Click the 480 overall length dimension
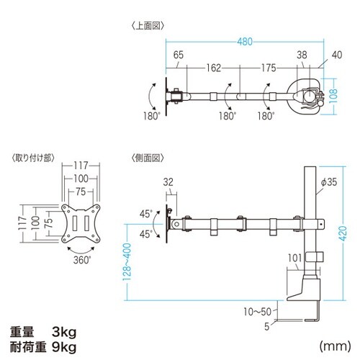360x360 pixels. [245, 42]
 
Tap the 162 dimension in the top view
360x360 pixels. [214, 68]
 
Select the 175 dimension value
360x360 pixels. [269, 68]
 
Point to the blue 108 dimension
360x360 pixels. [333, 96]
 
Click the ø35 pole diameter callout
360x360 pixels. [329, 182]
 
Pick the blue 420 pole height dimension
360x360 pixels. [343, 233]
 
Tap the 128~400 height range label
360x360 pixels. [127, 262]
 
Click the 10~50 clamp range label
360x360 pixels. [258, 312]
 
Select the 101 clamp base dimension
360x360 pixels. [294, 258]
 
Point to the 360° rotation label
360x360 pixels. [82, 260]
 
